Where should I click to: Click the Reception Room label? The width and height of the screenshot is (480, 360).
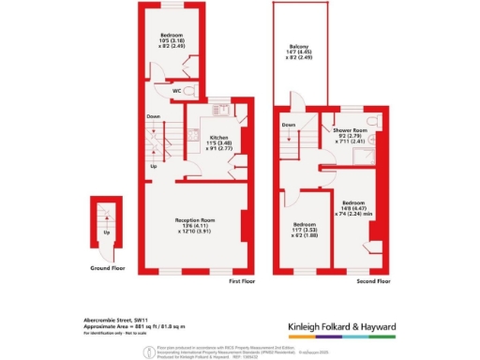196,220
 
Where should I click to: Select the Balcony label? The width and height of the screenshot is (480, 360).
298,53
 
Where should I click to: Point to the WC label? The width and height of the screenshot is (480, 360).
176,91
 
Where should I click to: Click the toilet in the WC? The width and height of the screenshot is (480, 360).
190,90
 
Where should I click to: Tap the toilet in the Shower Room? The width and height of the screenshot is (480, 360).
373,123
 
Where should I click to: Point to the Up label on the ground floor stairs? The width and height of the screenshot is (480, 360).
106,232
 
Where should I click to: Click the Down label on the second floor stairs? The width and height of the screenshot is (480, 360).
290,124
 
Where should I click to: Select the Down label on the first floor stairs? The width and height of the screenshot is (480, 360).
152,116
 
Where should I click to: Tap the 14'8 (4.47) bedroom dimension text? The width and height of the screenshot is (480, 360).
355,208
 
